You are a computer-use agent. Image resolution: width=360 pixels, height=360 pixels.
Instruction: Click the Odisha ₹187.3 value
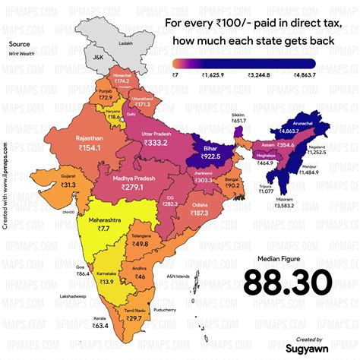coord(199,213)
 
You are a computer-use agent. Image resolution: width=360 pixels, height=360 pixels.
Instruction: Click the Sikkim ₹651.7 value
coord(239,122)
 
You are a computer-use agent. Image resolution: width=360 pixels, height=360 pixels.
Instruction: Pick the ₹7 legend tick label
coord(175,74)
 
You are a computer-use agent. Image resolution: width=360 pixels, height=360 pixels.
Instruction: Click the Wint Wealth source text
coord(21,55)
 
